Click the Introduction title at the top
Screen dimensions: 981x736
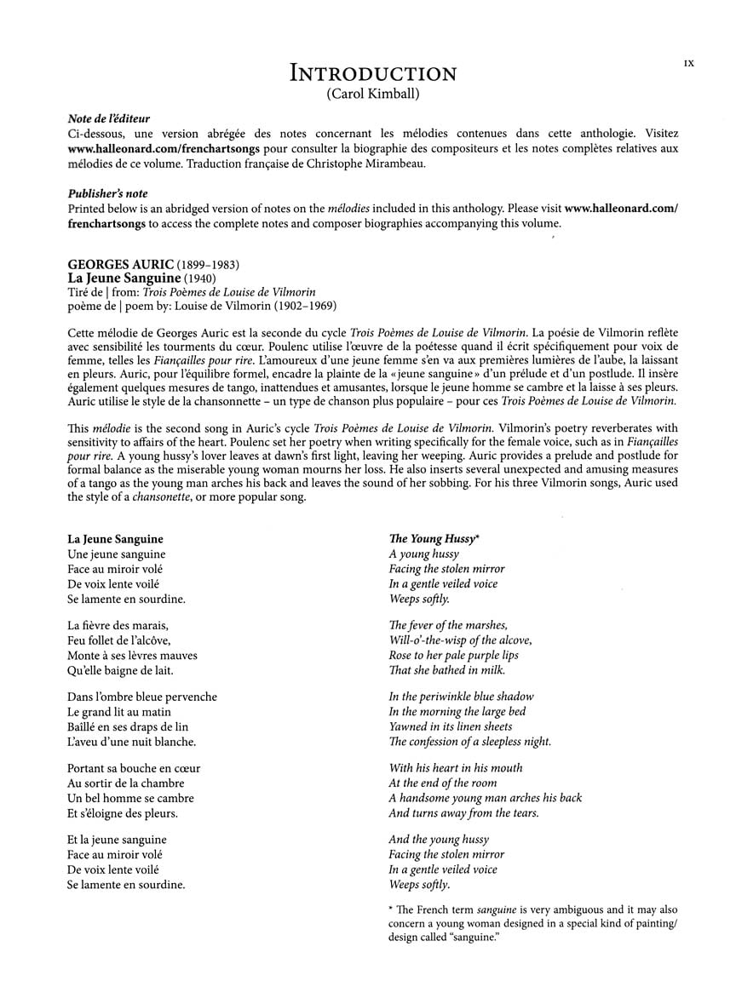373,73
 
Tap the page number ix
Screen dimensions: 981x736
688,63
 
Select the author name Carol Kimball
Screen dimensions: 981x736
372,95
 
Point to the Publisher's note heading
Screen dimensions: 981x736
107,194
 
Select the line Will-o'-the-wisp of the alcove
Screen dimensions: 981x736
460,640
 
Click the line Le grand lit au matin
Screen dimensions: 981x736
119,712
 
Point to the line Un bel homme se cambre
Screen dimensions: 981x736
130,798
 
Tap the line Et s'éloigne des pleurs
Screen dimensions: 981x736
123,813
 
